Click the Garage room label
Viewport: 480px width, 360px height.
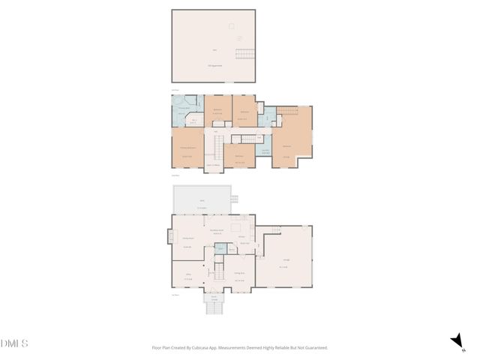coord(283,265)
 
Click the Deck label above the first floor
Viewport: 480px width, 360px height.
coord(201,201)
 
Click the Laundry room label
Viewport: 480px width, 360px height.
coord(265,151)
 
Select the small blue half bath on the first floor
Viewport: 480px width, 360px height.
coord(220,268)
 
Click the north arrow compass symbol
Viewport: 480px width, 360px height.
coord(455,342)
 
